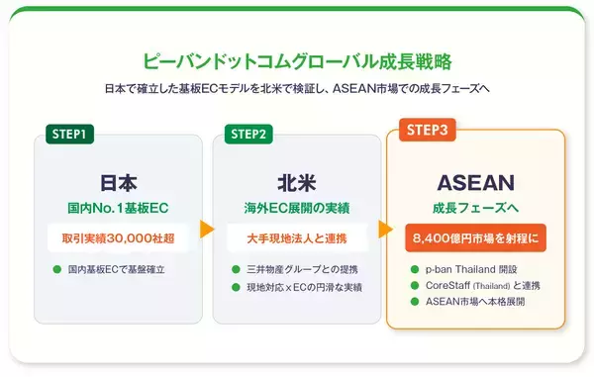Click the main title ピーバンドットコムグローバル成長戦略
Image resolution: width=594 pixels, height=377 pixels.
tap(297, 60)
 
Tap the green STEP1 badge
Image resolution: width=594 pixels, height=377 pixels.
tap(70, 134)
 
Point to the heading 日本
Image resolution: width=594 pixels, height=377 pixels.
tap(119, 183)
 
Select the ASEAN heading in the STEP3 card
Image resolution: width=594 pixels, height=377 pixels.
tap(476, 184)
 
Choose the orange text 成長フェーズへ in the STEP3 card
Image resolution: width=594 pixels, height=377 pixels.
tap(476, 209)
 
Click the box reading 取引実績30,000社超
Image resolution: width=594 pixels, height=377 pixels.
tap(119, 238)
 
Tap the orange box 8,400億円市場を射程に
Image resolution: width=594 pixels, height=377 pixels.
tap(476, 239)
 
